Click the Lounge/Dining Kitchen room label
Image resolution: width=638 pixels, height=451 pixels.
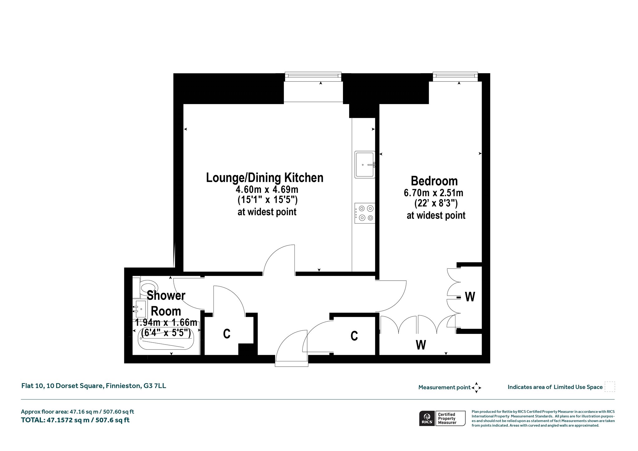[x=265, y=178]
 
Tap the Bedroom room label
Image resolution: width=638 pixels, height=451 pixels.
[x=434, y=181]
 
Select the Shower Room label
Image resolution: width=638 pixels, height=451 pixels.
[x=166, y=303]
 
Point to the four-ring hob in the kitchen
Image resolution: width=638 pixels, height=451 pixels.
[x=365, y=213]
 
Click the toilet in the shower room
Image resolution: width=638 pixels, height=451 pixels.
[x=145, y=287]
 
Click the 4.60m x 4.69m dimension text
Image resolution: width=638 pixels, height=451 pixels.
[x=267, y=189]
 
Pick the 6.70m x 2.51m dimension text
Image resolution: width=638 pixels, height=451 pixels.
[x=433, y=193]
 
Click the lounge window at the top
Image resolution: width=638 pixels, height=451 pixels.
[x=313, y=76]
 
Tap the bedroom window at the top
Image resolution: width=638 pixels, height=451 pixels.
[x=455, y=76]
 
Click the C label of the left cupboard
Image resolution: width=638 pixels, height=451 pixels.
[x=227, y=334]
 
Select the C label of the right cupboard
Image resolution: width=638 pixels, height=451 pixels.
[x=354, y=336]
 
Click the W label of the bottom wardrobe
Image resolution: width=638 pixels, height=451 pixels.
[x=421, y=345]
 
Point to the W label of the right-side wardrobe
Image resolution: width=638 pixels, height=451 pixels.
[x=470, y=297]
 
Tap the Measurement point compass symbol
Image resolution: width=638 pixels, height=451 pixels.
[x=476, y=388]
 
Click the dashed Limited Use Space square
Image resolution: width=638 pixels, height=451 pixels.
[x=610, y=387]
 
